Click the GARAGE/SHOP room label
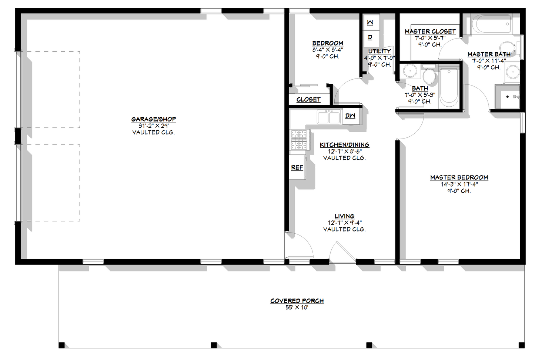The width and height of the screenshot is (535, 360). tap(154, 119)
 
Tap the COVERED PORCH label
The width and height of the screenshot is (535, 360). tap(297, 301)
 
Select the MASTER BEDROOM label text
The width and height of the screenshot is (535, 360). tap(459, 177)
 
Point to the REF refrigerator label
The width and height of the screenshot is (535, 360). tap(297, 168)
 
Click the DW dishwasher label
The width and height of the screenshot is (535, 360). tap(350, 116)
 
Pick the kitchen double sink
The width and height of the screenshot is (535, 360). tap(328, 117)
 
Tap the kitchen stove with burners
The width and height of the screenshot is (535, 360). tap(298, 140)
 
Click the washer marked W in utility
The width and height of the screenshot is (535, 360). tap(370, 23)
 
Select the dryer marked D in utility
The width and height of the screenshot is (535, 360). tap(370, 37)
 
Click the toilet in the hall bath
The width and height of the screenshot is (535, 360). tap(429, 76)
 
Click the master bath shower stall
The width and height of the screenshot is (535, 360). tap(507, 97)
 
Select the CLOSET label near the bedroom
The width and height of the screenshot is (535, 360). tap(308, 100)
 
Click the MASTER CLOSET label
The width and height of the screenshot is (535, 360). tap(430, 31)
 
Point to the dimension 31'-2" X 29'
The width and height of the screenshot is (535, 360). tap(154, 126)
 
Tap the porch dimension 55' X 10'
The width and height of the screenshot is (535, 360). tap(297, 307)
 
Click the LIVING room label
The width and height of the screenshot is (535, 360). tap(344, 216)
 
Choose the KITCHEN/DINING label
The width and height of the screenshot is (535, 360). tap(344, 145)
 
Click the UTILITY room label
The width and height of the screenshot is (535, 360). tap(379, 51)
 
